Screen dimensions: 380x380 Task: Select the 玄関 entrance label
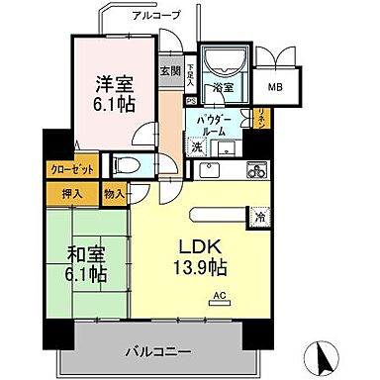point(169,70)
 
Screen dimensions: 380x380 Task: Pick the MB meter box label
point(275,85)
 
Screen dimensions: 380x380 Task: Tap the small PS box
point(190,101)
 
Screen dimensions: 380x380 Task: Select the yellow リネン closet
point(260,119)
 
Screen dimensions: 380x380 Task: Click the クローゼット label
point(69,169)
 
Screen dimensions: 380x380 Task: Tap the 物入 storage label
point(114,194)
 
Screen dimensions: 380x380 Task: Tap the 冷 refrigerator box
point(259,217)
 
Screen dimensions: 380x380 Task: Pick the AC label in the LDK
point(218,295)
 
